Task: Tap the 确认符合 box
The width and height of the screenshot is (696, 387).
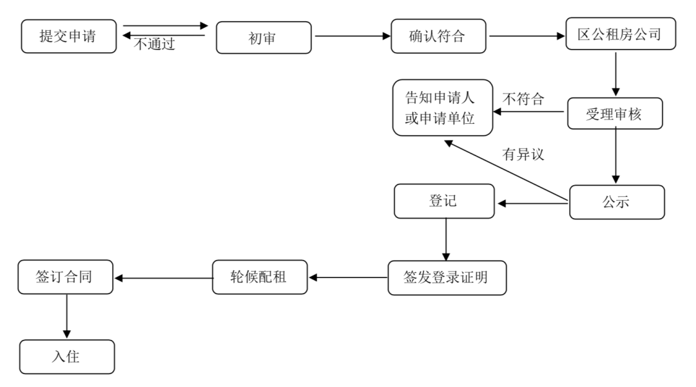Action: click(x=438, y=37)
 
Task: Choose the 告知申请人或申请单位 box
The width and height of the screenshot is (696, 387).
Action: click(x=443, y=108)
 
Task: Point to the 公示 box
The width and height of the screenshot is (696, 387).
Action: click(x=616, y=203)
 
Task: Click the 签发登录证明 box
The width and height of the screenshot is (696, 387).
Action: click(x=447, y=278)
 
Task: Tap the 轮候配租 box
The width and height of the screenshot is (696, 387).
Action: click(x=260, y=277)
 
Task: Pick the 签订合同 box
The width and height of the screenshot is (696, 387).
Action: click(x=66, y=277)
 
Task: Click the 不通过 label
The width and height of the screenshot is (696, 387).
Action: click(x=155, y=45)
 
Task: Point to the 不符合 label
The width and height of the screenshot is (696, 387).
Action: click(x=523, y=99)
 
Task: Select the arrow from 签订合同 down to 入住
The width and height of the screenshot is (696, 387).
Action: click(x=66, y=317)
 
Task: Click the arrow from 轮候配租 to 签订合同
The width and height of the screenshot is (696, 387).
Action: click(x=163, y=278)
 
